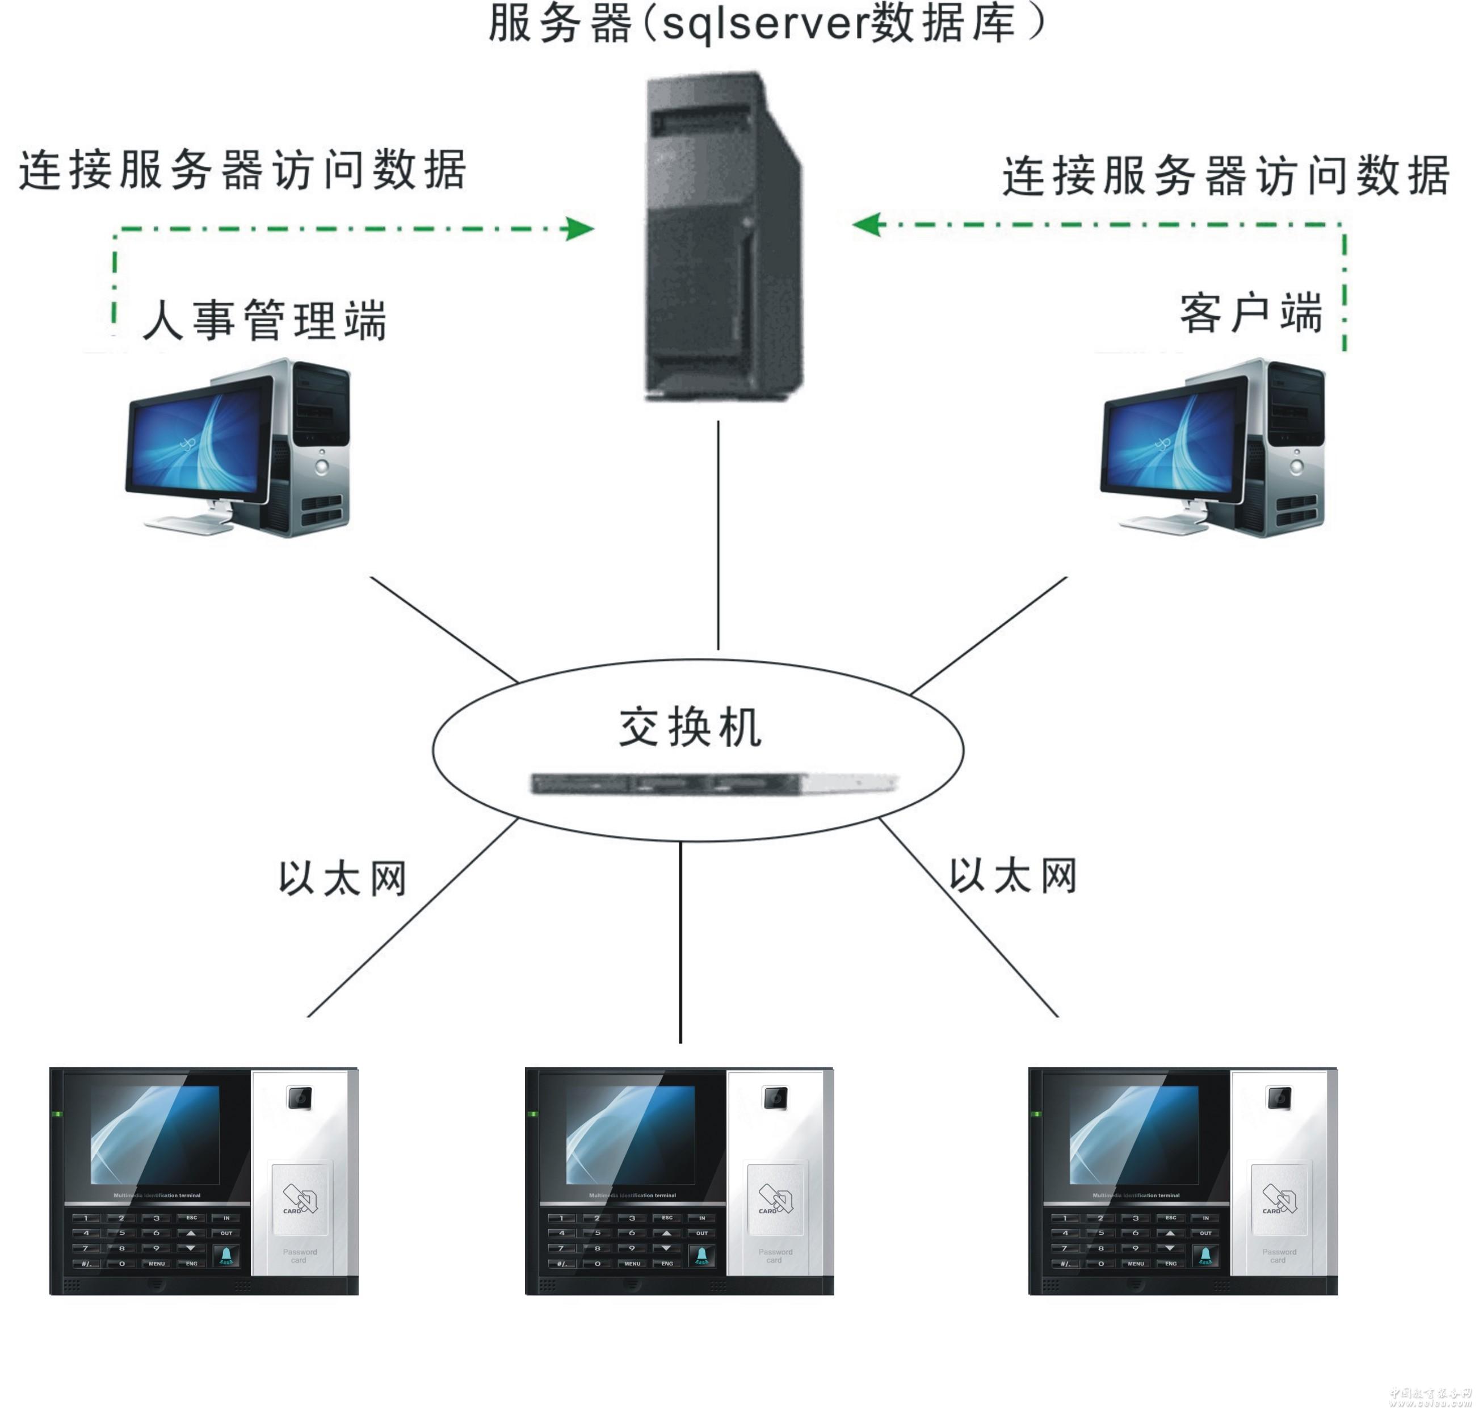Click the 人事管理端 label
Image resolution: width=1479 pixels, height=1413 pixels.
click(x=264, y=320)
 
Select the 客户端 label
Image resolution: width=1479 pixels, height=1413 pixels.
click(x=1251, y=313)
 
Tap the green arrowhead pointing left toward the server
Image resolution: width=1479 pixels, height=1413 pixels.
click(x=868, y=224)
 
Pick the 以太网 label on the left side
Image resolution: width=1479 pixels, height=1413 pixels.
click(x=343, y=879)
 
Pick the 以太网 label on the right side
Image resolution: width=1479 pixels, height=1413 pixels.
click(x=1013, y=876)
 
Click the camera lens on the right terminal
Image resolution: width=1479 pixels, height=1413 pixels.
click(x=1279, y=1098)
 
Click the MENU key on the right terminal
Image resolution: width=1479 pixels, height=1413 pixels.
click(x=1136, y=1263)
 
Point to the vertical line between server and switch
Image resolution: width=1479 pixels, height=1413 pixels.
click(x=718, y=535)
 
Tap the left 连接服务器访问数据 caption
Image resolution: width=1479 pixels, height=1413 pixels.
click(x=242, y=170)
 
